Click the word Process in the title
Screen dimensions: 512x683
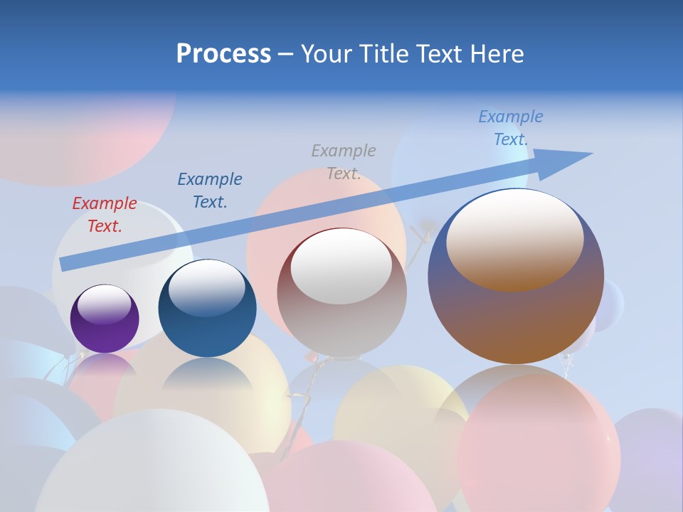[223, 54]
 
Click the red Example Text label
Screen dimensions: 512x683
[104, 215]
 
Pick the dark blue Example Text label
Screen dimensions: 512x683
[209, 191]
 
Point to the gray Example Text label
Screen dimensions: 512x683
[343, 162]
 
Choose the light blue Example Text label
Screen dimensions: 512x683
[510, 128]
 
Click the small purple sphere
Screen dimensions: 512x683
[105, 319]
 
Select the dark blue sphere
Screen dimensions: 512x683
[207, 308]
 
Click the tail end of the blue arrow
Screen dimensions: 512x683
[64, 264]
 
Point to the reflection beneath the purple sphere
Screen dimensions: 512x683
[105, 363]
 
